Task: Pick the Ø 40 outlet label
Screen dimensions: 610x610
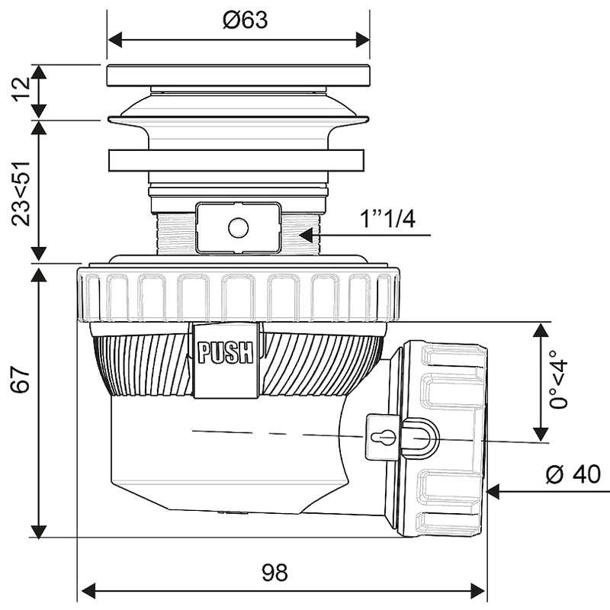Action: pos(573,474)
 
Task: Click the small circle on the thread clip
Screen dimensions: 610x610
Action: pos(237,226)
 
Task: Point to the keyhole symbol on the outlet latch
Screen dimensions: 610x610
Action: pos(387,438)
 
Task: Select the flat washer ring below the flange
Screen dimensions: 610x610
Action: pos(239,162)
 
